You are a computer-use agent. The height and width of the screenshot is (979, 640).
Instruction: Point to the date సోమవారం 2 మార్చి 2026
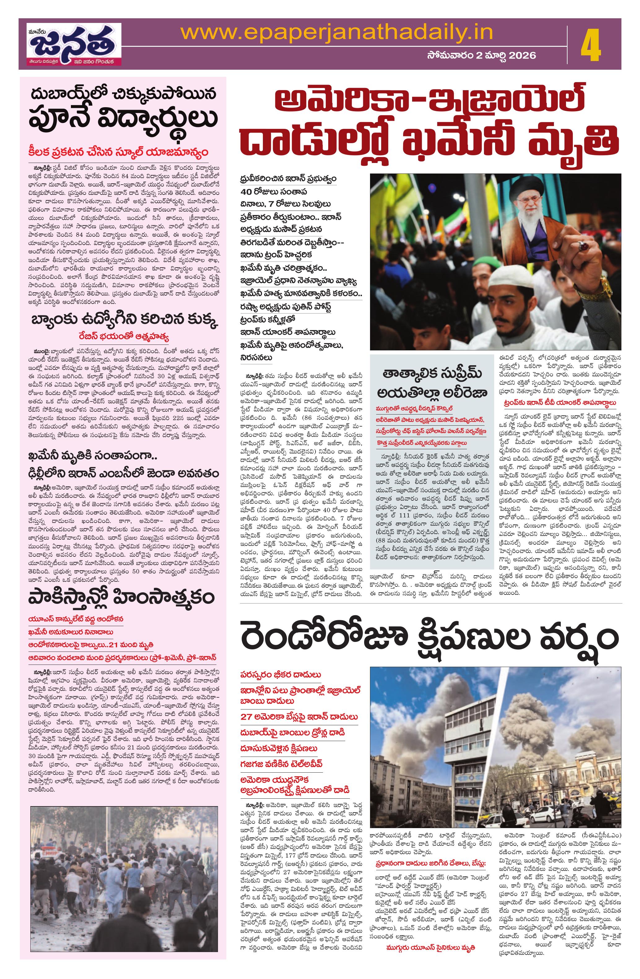[x=481, y=55]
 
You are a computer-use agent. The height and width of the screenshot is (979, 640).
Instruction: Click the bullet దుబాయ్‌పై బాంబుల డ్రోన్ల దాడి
[x=292, y=733]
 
